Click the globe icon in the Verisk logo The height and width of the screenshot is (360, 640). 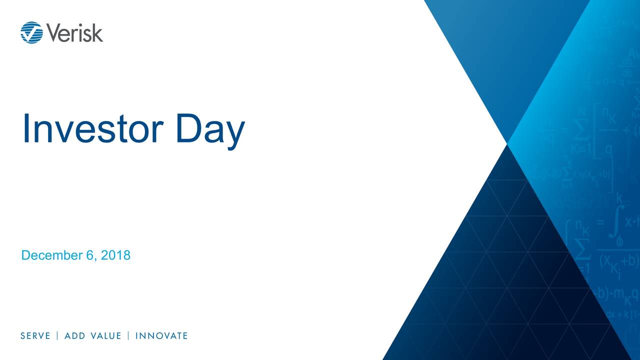tap(31, 32)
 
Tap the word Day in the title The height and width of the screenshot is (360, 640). tap(210, 128)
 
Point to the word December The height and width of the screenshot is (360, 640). tap(52, 255)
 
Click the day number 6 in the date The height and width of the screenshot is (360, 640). tap(89, 255)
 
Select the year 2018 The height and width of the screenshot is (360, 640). tap(115, 255)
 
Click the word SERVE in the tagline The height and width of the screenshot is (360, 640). tap(35, 336)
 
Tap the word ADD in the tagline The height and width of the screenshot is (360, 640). tap(74, 336)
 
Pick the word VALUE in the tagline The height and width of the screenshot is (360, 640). tap(105, 336)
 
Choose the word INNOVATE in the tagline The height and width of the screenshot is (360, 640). tap(161, 336)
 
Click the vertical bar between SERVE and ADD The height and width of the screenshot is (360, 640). tap(57, 336)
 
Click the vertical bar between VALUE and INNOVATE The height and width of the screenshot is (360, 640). tap(128, 336)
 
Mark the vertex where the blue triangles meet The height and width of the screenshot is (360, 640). tap(507, 144)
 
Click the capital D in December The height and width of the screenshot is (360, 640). tap(25, 255)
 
